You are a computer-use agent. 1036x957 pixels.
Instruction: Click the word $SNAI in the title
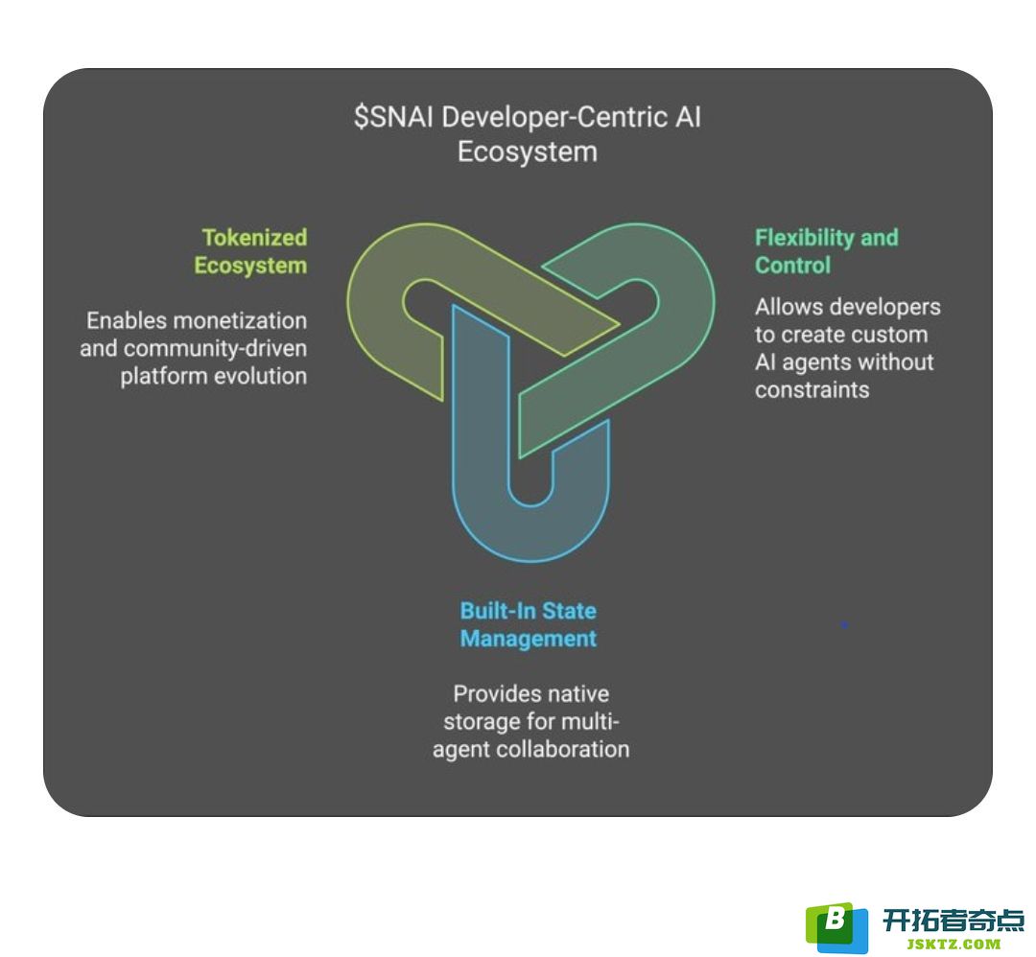[394, 118]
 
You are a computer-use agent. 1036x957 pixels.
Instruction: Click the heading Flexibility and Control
[827, 251]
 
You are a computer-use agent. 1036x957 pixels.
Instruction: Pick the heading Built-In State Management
[529, 625]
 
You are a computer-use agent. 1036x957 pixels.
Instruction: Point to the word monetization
[240, 321]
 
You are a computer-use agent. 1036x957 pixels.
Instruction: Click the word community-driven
[216, 349]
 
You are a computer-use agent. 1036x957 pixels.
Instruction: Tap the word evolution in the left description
[260, 377]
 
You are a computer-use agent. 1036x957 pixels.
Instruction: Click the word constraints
[812, 390]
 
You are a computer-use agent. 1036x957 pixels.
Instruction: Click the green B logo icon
[836, 926]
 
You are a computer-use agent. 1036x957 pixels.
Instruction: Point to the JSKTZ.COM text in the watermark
[954, 945]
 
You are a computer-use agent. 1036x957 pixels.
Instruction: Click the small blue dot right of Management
[844, 624]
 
